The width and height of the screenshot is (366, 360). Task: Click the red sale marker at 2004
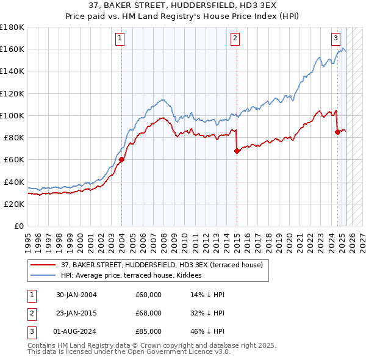coord(121,160)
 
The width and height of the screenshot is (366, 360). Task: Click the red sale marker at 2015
coord(236,151)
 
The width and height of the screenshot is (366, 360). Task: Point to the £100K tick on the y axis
coord(13,115)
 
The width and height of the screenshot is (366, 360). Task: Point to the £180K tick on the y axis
coord(13,27)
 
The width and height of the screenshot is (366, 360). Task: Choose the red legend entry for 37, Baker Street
coord(162,265)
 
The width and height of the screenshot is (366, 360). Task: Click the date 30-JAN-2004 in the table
coord(76,295)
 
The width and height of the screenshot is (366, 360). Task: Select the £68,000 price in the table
coord(149,313)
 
